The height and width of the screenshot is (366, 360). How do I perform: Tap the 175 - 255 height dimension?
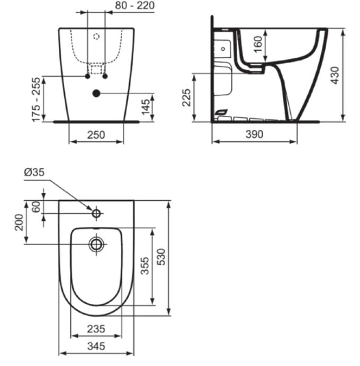pyautogui.click(x=37, y=99)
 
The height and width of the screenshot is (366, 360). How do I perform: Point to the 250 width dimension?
pyautogui.click(x=96, y=135)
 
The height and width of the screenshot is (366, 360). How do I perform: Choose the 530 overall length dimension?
pyautogui.click(x=159, y=257)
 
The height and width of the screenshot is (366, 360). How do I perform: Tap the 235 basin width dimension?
pyautogui.click(x=96, y=328)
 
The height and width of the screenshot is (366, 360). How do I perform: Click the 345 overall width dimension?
pyautogui.click(x=96, y=346)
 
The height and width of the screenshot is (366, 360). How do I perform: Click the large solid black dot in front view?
pyautogui.click(x=96, y=94)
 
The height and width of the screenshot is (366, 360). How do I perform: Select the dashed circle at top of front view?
pyautogui.click(x=96, y=37)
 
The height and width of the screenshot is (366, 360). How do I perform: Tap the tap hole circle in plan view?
pyautogui.click(x=96, y=213)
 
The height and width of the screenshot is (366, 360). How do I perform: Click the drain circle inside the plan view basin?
pyautogui.click(x=96, y=245)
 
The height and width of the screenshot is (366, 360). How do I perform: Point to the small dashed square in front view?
pyautogui.click(x=96, y=68)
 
